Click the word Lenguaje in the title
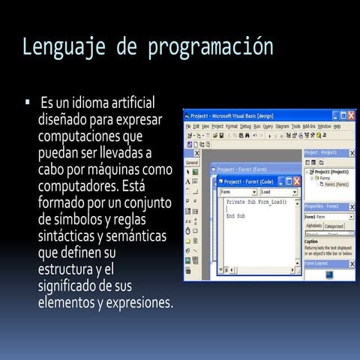(56, 47)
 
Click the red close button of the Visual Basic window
(351, 116)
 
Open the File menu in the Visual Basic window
(188, 127)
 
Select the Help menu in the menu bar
(337, 127)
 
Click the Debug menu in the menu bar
(245, 127)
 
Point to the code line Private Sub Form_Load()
(256, 202)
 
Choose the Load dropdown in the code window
(278, 192)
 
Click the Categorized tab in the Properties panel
(334, 226)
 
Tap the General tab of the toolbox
(191, 162)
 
